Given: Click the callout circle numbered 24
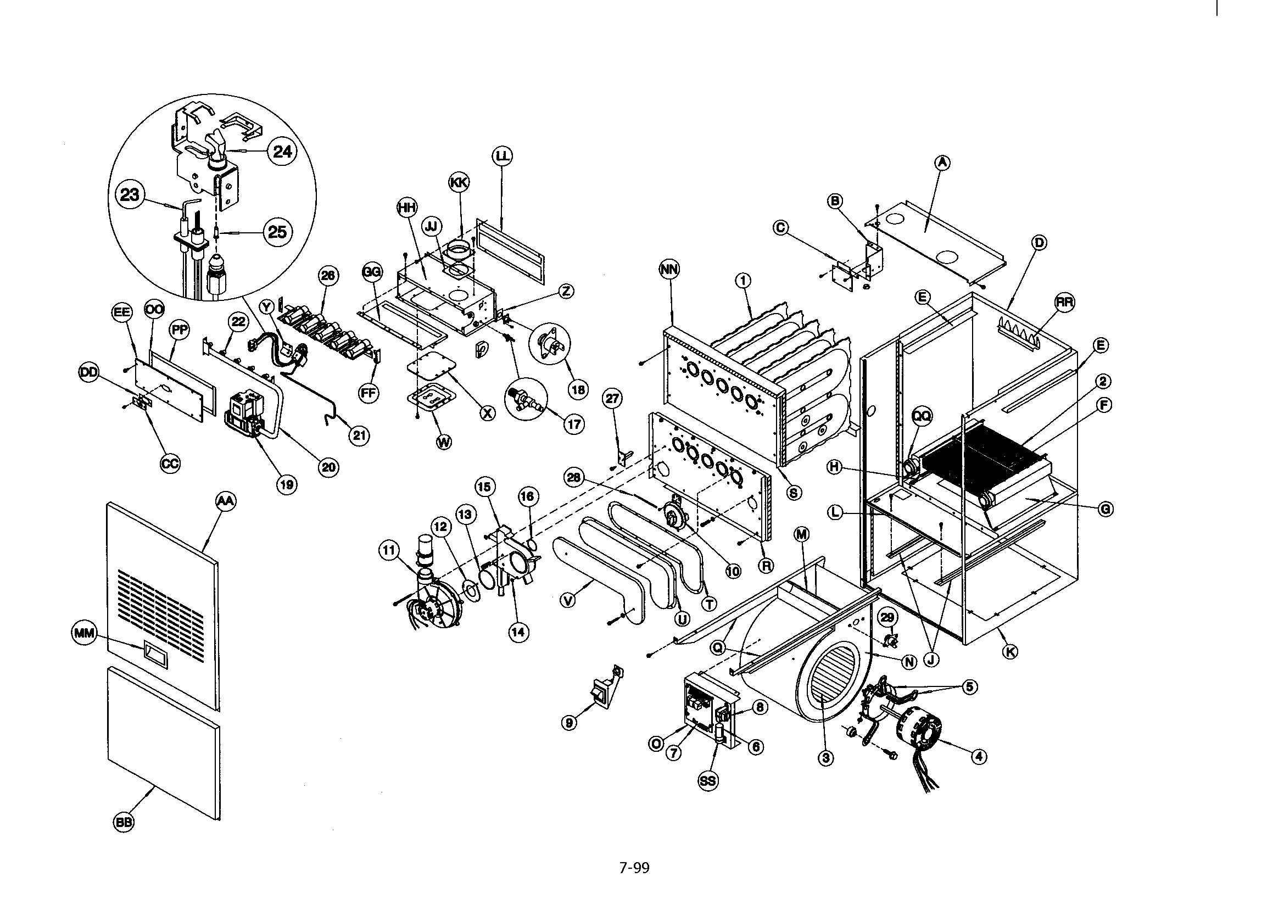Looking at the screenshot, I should coord(281,151).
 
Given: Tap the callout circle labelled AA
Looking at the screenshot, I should coord(225,502).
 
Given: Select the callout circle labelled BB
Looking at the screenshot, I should coord(124,822).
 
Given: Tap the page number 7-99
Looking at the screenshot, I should coord(634,868).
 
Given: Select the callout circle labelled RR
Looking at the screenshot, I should coord(1065,302).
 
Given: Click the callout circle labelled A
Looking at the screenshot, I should coord(943,162).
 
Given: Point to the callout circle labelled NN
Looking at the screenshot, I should coord(669,270).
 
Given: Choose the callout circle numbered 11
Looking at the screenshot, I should coord(388,551).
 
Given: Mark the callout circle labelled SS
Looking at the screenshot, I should coord(707,781).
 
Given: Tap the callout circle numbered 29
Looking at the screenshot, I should coord(887,617).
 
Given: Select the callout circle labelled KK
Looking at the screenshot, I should coord(459,182).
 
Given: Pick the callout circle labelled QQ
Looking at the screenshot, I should coord(922,415).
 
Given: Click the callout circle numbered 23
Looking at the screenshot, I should coord(130,194).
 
